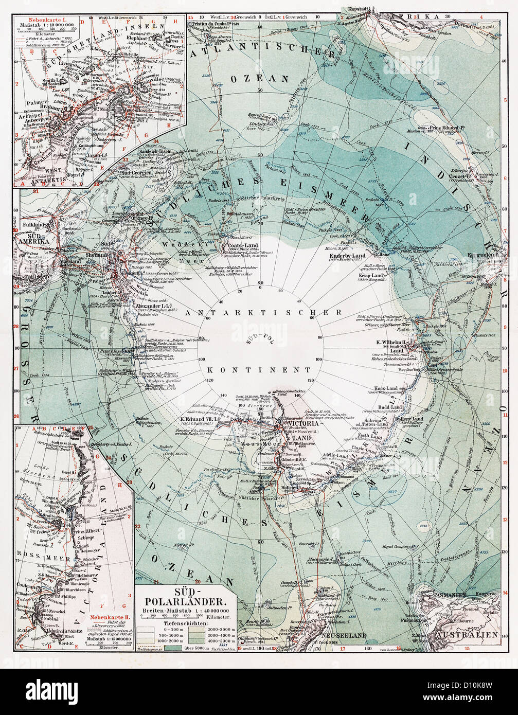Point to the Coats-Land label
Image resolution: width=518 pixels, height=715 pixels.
(x=239, y=246)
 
